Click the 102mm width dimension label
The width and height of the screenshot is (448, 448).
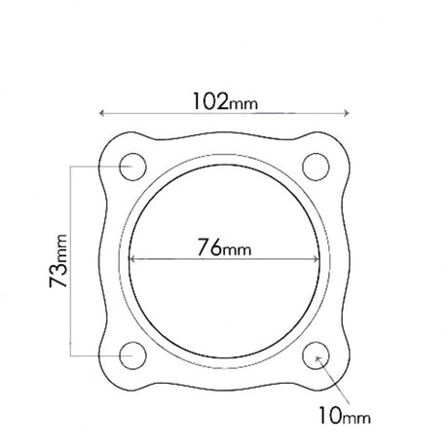(x=225, y=101)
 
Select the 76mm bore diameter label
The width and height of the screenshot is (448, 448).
(x=224, y=247)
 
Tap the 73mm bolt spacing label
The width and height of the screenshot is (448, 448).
(x=58, y=261)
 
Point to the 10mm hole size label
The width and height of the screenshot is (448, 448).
(x=345, y=416)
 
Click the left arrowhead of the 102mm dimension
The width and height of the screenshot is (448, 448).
(x=101, y=113)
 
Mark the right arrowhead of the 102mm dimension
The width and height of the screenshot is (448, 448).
(x=347, y=113)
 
